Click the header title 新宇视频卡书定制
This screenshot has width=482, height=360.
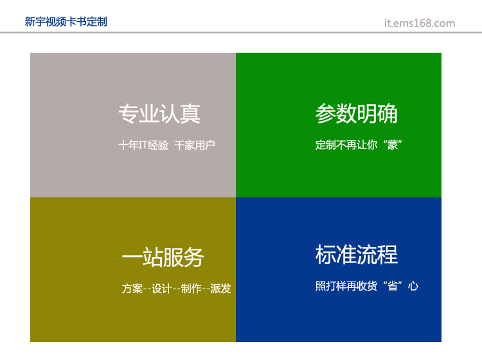(x=66, y=22)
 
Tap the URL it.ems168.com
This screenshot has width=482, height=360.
(x=420, y=23)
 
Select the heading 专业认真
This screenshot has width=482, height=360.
(x=159, y=114)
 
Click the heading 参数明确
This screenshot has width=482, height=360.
(x=357, y=113)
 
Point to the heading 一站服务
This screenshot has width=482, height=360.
(x=163, y=257)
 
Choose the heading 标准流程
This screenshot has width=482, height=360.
(x=357, y=255)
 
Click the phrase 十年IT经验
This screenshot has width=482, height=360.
(x=143, y=145)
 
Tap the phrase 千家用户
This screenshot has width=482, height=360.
(x=195, y=145)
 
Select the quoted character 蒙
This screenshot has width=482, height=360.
(x=393, y=145)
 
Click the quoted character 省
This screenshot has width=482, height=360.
(x=393, y=286)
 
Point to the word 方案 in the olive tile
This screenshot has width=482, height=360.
(x=132, y=289)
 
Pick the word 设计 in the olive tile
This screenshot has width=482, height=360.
(x=161, y=289)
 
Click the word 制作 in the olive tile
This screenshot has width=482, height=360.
(x=191, y=289)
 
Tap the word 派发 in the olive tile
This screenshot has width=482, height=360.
(x=220, y=289)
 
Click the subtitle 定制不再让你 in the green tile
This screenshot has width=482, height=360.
(x=346, y=145)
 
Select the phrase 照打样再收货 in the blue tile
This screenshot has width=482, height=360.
(x=346, y=286)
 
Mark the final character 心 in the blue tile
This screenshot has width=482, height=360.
(x=413, y=286)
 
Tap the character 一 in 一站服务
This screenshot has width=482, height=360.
(x=132, y=257)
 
